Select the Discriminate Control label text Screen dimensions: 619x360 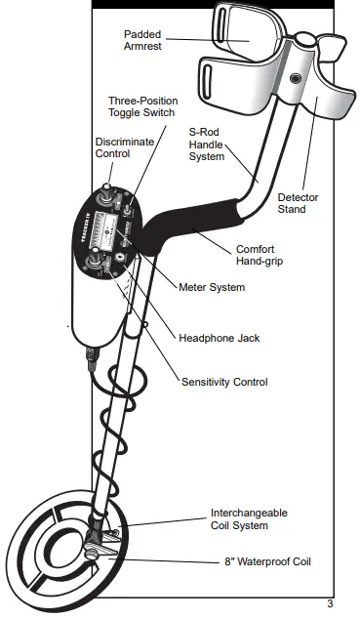coord(110,147)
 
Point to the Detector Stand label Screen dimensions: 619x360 coord(298,203)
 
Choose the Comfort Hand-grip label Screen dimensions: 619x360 coord(262,255)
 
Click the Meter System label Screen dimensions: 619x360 coord(212,287)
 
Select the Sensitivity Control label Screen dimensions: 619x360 coord(224,382)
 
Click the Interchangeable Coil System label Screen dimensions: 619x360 coord(250,519)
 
